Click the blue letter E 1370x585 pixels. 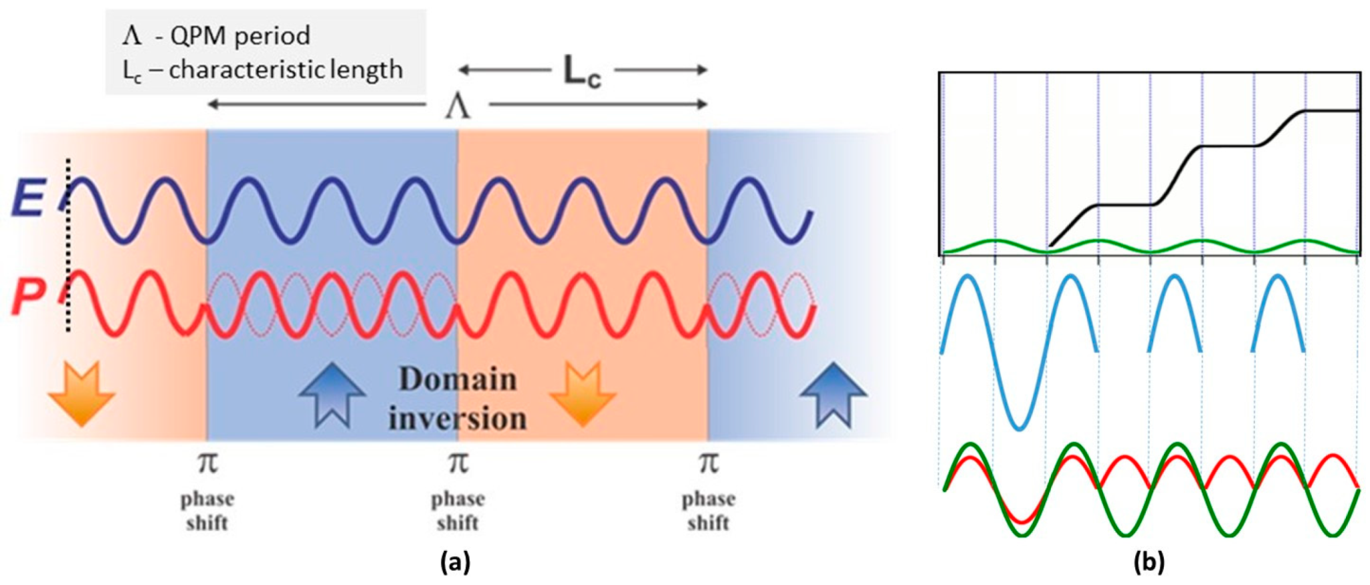click(28, 198)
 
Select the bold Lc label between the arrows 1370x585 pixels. click(581, 71)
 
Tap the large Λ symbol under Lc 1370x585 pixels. click(458, 106)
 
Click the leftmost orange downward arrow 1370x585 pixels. click(82, 393)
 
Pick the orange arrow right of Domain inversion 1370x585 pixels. click(582, 393)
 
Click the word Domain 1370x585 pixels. click(458, 380)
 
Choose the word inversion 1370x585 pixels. click(458, 419)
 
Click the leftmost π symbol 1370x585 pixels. click(207, 463)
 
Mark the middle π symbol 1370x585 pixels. click(458, 463)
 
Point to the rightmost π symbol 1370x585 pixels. click(708, 463)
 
